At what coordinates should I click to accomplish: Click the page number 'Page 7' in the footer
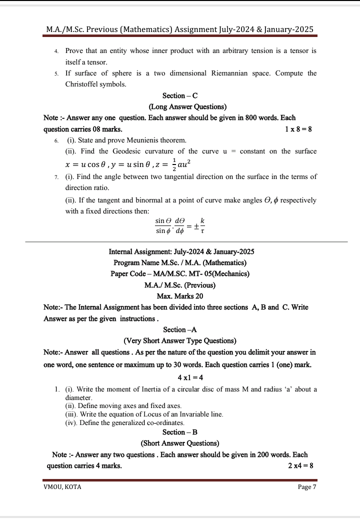pyautogui.click(x=307, y=487)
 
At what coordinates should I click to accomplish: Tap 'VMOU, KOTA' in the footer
pyautogui.click(x=62, y=487)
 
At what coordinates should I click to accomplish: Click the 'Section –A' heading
pyautogui.click(x=180, y=329)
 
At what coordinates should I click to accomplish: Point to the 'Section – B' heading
pyautogui.click(x=180, y=432)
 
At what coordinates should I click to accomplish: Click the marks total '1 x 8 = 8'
pyautogui.click(x=298, y=129)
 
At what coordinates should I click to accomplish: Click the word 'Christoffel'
pyautogui.click(x=83, y=84)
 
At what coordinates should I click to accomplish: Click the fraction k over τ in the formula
pyautogui.click(x=202, y=226)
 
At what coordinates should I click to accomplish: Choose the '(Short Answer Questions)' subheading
pyautogui.click(x=180, y=443)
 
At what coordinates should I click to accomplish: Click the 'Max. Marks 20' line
pyautogui.click(x=180, y=296)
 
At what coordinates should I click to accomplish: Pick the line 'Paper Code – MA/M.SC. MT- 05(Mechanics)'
pyautogui.click(x=180, y=273)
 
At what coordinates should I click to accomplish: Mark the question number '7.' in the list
pyautogui.click(x=57, y=177)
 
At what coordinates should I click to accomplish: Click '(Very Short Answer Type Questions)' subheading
pyautogui.click(x=180, y=340)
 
